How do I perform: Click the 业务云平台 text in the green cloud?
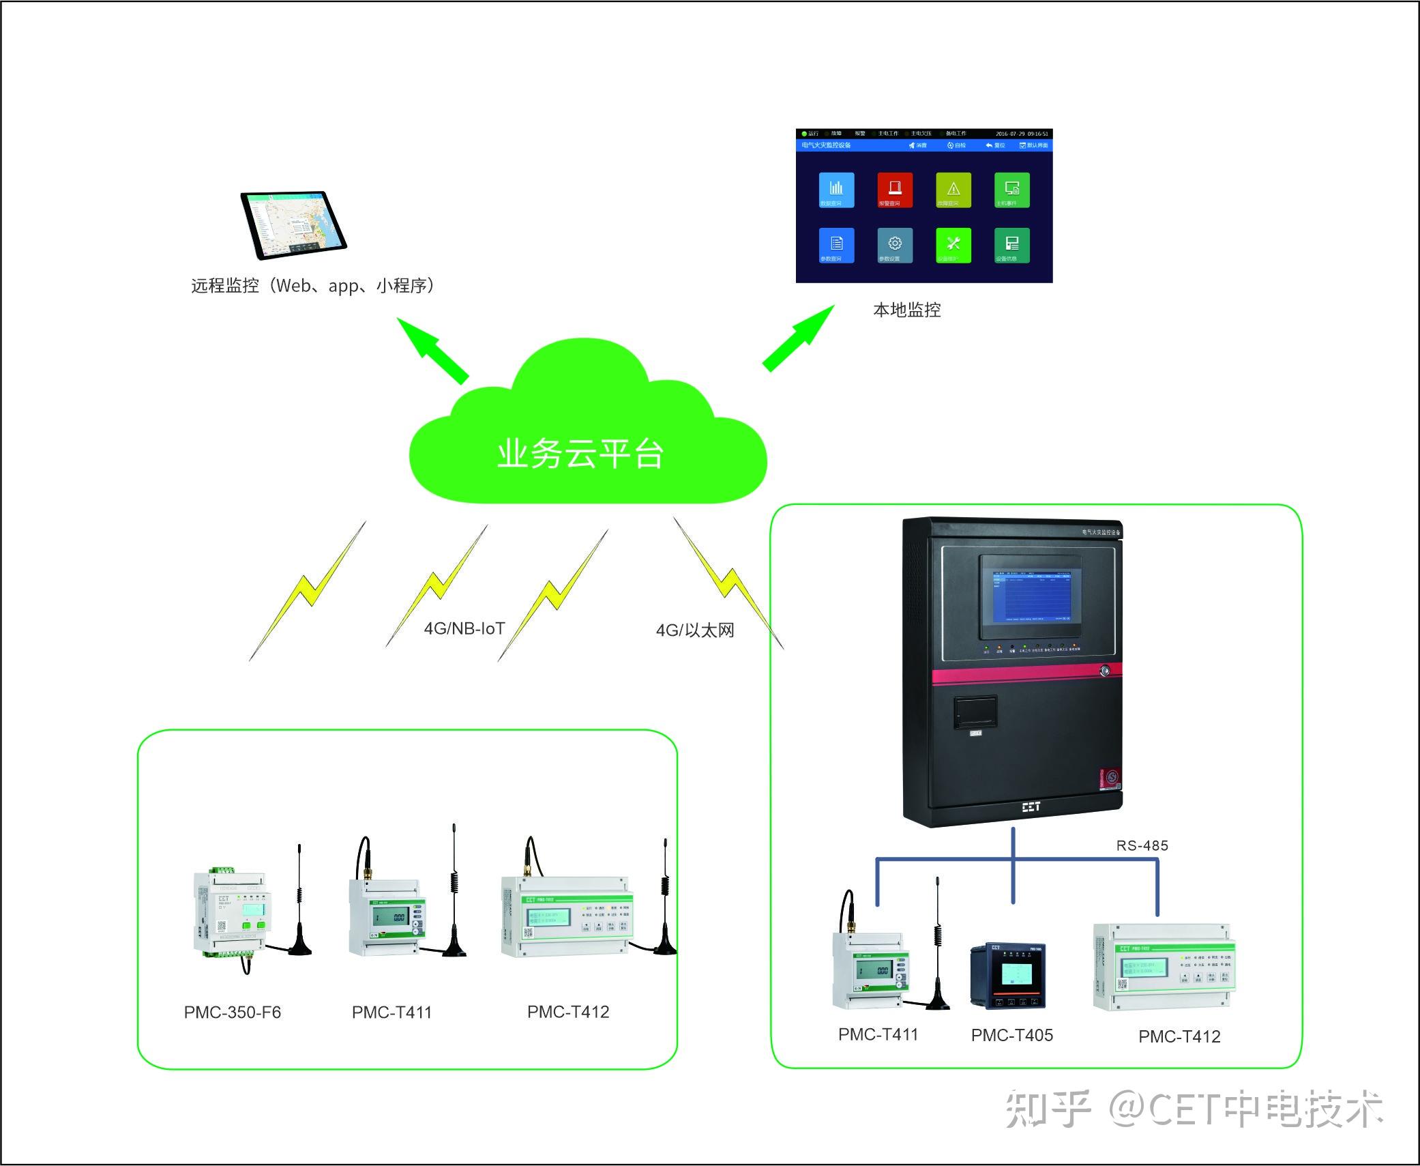[x=580, y=454]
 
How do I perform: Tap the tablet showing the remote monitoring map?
[x=293, y=224]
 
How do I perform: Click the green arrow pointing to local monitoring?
[x=799, y=338]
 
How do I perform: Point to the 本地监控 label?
[x=906, y=310]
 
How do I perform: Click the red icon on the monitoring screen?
[x=894, y=189]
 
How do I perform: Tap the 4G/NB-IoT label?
[x=464, y=628]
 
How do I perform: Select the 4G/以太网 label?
[x=695, y=630]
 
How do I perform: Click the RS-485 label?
[x=1142, y=846]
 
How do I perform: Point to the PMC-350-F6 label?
[x=233, y=1012]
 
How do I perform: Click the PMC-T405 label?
[x=1011, y=1036]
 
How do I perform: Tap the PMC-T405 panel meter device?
[x=1007, y=976]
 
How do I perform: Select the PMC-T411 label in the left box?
[x=392, y=1012]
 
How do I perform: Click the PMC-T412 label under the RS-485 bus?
[x=1179, y=1037]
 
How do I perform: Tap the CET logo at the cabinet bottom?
[x=1031, y=807]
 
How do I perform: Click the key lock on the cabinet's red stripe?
[x=1105, y=671]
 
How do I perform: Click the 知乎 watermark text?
[x=1048, y=1109]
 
